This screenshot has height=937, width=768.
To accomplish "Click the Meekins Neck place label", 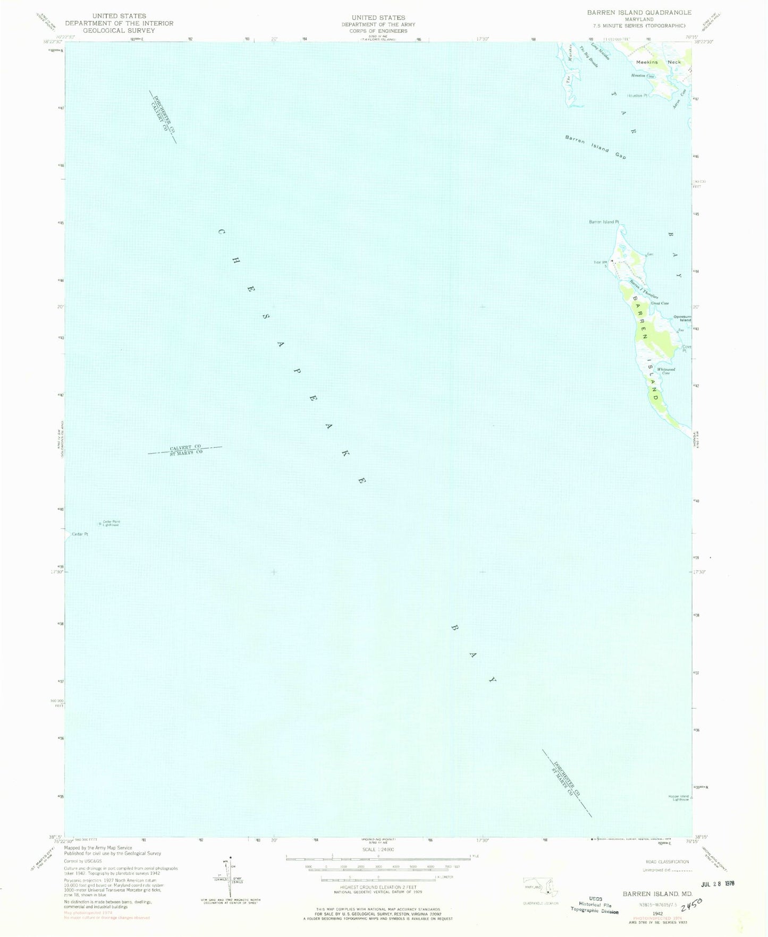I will tap(658, 62).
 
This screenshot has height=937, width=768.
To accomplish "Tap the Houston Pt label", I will tap(637, 96).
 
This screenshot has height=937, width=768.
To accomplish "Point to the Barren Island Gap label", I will tap(596, 147).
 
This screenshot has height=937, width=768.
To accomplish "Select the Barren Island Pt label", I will tap(604, 222).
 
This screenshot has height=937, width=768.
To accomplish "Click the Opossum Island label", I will tap(682, 318).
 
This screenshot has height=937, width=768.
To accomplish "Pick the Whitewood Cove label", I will tap(665, 371).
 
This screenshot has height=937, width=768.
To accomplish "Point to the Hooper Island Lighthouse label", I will tap(679, 798).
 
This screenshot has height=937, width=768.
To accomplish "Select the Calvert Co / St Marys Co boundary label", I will tap(185, 449).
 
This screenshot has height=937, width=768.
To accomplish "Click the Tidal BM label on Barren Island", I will tap(600, 261).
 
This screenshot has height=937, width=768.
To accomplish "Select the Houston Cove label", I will tap(643, 76).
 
